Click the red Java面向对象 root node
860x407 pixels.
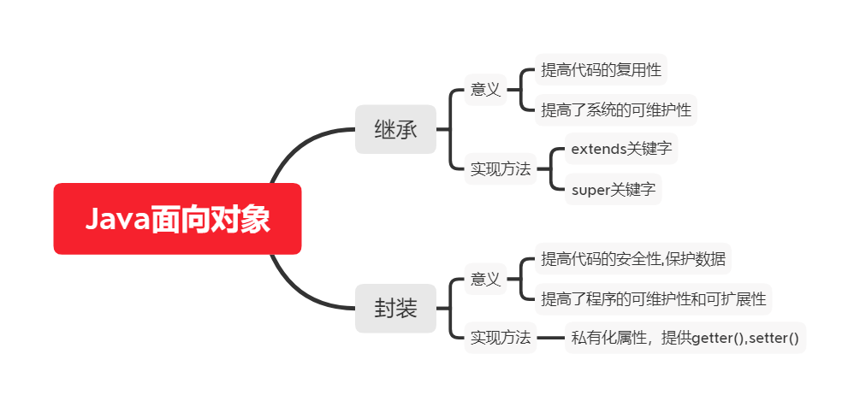[x=177, y=219]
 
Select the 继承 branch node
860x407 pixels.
[x=395, y=130]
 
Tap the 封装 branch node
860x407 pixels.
[x=395, y=308]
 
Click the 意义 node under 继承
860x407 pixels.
[x=485, y=89]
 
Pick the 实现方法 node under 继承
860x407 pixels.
[x=501, y=169]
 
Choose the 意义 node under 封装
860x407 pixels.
[x=485, y=279]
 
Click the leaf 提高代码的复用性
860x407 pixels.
[x=601, y=70]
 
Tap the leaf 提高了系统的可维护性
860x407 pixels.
[x=616, y=109]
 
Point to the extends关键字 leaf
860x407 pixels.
[x=621, y=150]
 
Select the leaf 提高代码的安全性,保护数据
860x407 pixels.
[x=634, y=258]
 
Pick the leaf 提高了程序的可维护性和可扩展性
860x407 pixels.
[x=654, y=299]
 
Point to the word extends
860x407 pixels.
[x=599, y=150]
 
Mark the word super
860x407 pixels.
[x=590, y=190]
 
